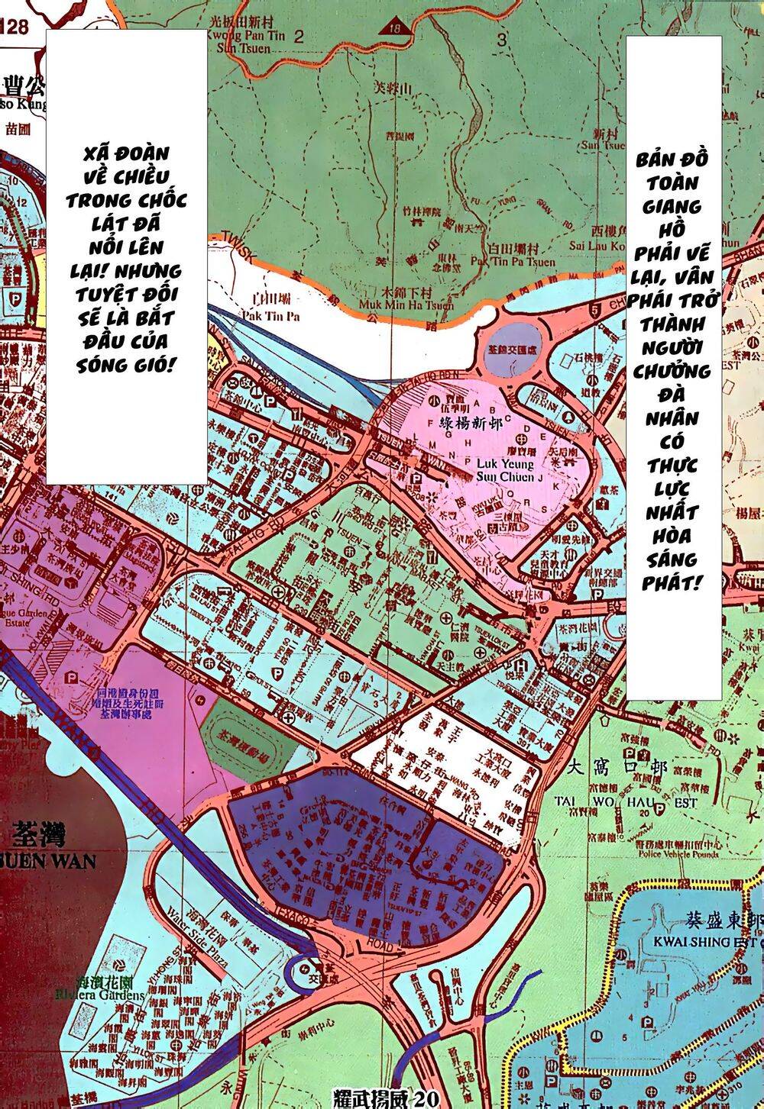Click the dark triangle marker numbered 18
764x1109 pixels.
click(394, 26)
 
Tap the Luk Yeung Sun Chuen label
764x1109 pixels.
click(499, 471)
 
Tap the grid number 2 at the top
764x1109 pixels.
click(297, 36)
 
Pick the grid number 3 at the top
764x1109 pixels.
click(502, 40)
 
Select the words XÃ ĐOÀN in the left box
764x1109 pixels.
click(126, 154)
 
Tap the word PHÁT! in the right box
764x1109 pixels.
click(672, 583)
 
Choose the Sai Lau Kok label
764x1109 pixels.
click(597, 247)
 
